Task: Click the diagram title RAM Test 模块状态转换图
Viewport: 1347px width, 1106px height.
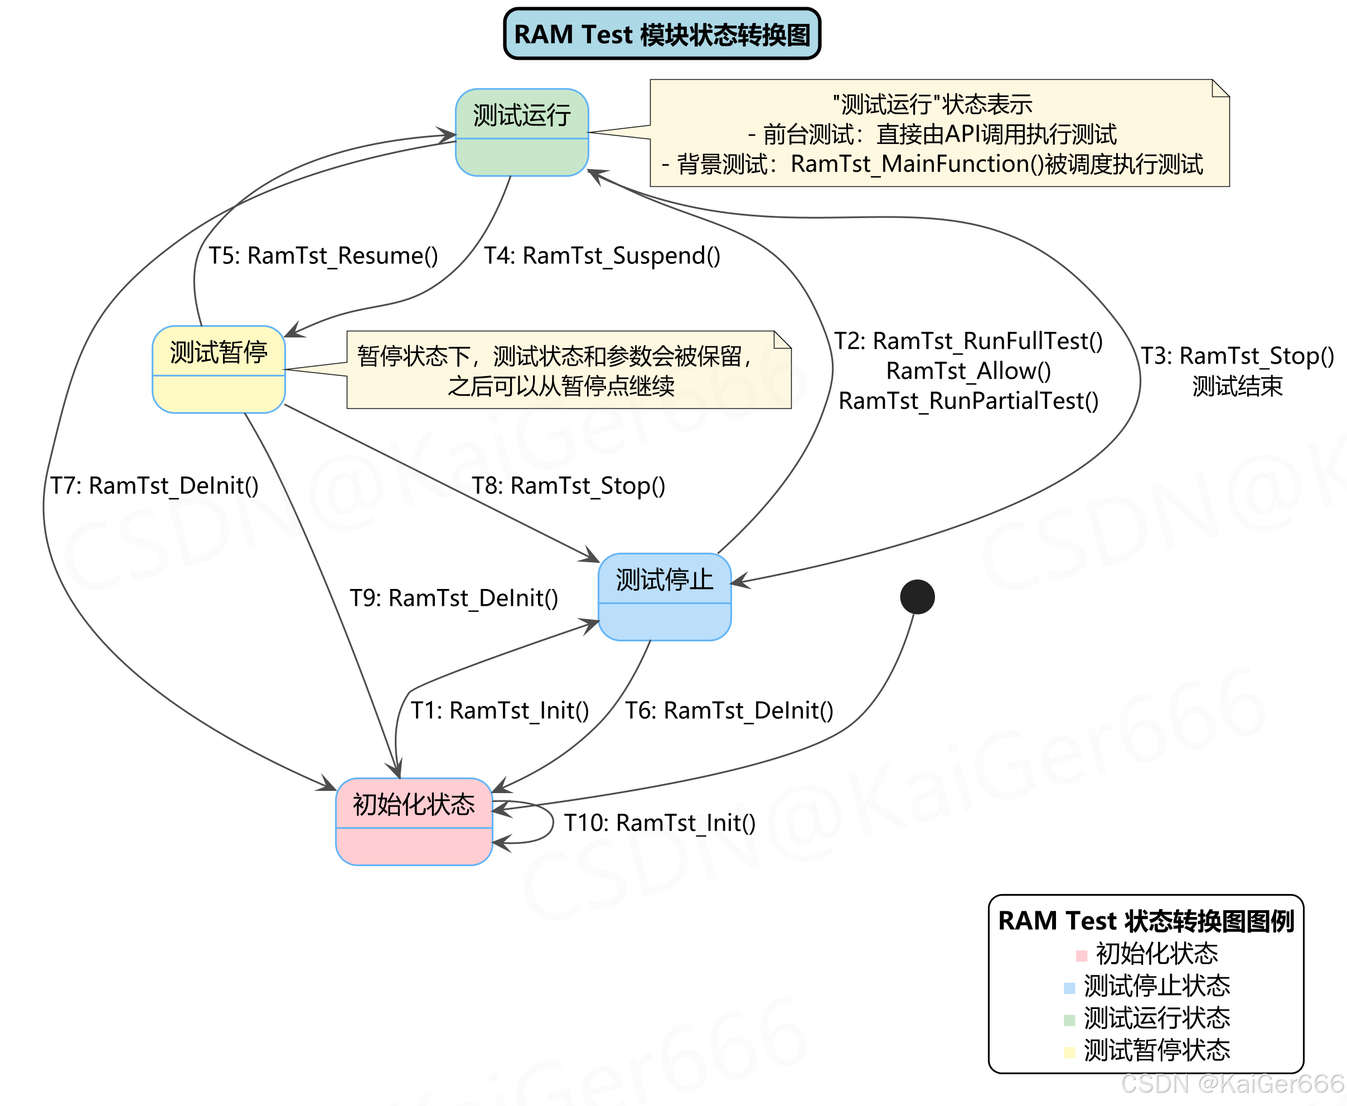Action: tap(662, 35)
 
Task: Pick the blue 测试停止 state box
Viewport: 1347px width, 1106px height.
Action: tap(664, 596)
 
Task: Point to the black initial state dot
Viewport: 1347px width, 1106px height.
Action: tap(917, 597)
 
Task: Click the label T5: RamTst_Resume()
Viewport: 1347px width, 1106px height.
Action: tap(323, 255)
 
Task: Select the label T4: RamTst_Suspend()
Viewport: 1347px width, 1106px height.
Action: tap(602, 255)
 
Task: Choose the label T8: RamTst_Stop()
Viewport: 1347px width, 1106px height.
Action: tap(568, 485)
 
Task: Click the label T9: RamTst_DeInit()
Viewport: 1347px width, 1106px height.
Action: tap(453, 597)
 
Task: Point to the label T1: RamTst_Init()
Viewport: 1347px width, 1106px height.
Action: tap(500, 710)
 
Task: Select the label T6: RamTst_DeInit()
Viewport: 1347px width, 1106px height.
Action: tap(729, 710)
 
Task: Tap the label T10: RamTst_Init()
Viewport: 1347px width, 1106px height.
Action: tap(660, 823)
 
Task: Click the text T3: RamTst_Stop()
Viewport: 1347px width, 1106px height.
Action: tap(1237, 355)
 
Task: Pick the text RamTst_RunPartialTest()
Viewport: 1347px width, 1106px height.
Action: tap(968, 400)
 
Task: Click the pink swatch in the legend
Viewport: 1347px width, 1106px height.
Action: tap(1081, 955)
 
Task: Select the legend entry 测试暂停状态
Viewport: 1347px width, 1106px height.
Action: tap(1156, 1050)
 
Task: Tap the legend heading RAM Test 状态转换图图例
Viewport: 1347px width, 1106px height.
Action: tap(1146, 921)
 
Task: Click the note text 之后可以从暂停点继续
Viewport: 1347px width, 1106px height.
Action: tap(561, 385)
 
